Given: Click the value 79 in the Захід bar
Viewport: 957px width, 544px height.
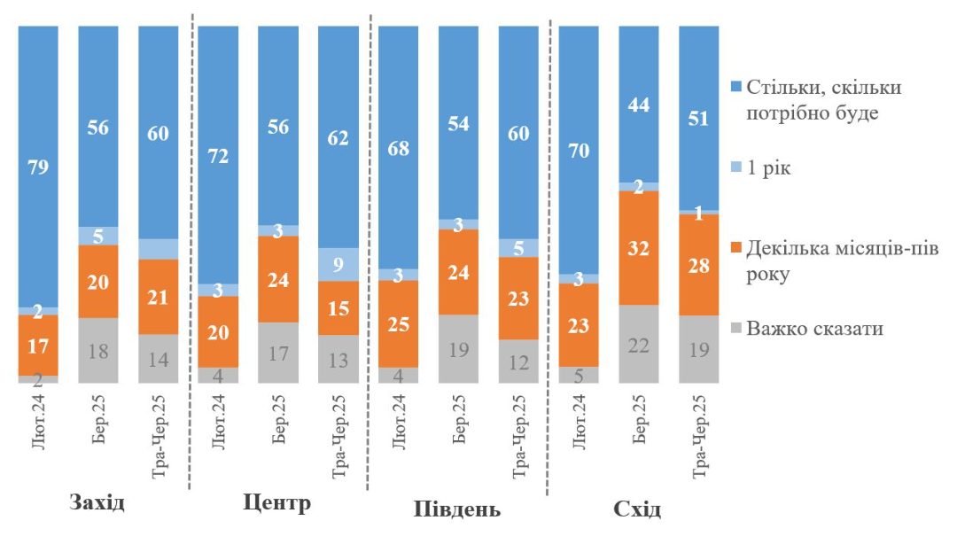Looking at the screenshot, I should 38,167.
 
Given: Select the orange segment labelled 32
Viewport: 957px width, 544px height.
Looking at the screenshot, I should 638,247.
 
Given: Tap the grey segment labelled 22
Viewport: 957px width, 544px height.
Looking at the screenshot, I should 638,344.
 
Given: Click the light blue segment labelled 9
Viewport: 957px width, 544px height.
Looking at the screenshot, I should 338,264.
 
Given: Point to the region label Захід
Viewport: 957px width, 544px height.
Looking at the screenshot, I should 97,504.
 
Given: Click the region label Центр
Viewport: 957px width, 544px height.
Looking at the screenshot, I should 276,504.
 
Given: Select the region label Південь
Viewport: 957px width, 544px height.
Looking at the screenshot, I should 456,510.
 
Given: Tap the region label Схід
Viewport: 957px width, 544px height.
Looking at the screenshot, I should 637,510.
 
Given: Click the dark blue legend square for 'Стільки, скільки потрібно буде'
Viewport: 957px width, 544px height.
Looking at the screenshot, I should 735,89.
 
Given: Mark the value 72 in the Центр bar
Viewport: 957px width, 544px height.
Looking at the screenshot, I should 218,157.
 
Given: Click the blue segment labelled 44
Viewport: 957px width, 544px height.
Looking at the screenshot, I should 638,105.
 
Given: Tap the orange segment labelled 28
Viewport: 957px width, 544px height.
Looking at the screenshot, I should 698,264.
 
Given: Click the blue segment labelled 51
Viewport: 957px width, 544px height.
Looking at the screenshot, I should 698,118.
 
